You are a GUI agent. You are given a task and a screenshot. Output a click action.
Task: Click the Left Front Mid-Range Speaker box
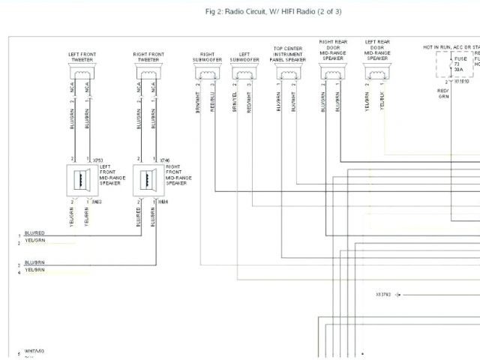pos(81,180)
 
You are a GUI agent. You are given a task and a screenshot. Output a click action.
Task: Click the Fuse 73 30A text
pos(460,63)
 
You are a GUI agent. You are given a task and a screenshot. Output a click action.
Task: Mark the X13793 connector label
pos(385,295)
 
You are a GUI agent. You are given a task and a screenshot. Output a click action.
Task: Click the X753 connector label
pos(97,160)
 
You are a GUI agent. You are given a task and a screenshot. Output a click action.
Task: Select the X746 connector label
pos(164,160)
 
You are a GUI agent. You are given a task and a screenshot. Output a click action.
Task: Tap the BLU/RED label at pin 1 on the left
pos(34,233)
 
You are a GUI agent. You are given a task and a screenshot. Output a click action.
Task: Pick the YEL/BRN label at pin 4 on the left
pos(34,269)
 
